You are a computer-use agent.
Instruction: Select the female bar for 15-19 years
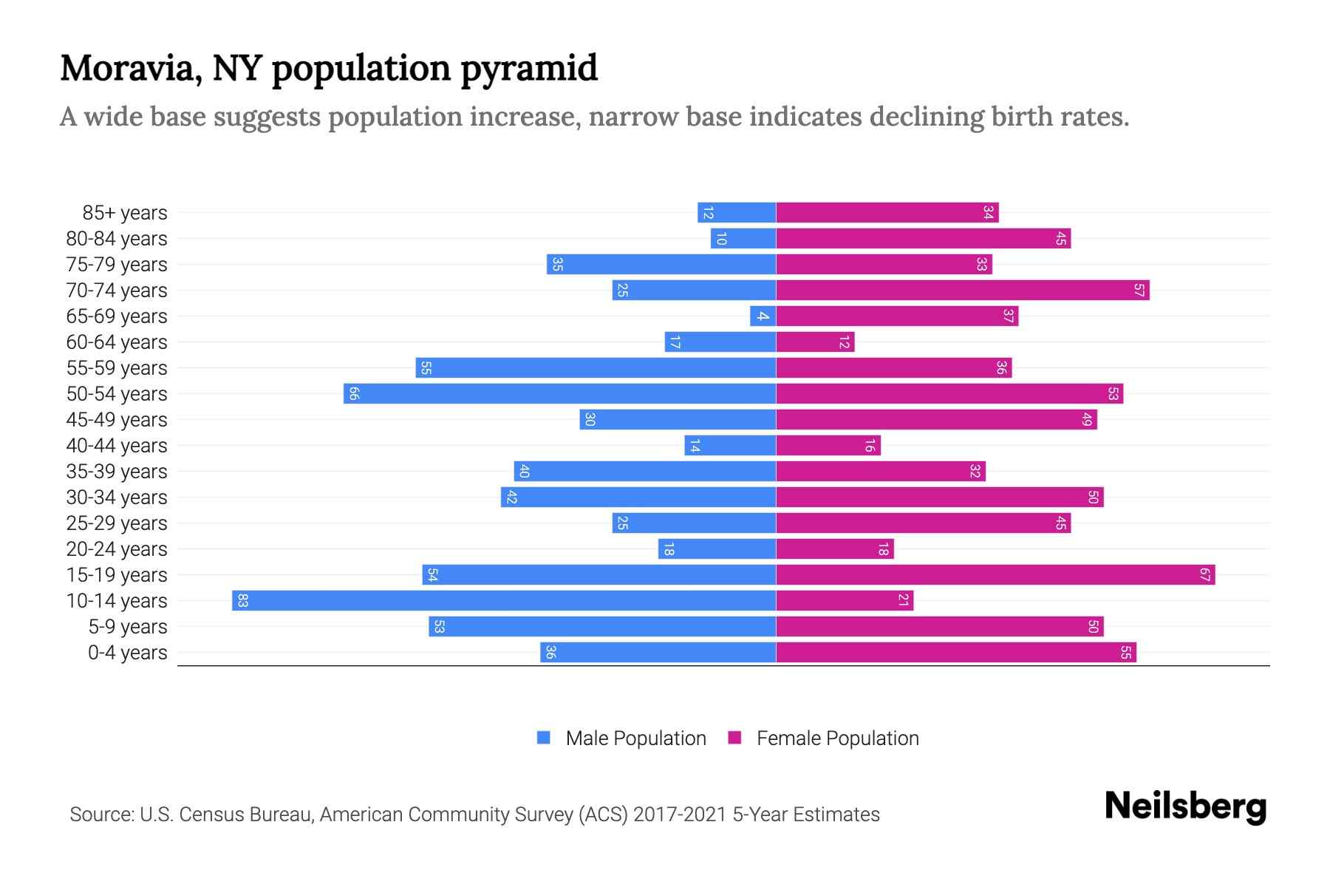pyautogui.click(x=995, y=574)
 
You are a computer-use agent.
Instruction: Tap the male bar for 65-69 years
pyautogui.click(x=763, y=316)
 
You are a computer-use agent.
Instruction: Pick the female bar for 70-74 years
pyautogui.click(x=962, y=290)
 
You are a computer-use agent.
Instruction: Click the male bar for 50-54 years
pyautogui.click(x=559, y=393)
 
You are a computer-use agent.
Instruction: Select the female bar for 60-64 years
pyautogui.click(x=815, y=341)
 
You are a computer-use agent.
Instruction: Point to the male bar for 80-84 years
pyautogui.click(x=743, y=238)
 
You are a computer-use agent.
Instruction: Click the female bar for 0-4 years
pyautogui.click(x=955, y=652)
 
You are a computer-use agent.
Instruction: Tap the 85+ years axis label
pyautogui.click(x=125, y=213)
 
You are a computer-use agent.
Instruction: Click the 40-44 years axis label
pyautogui.click(x=117, y=446)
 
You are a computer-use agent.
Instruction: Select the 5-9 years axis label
pyautogui.click(x=128, y=627)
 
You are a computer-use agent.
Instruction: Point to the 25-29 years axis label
pyautogui.click(x=117, y=523)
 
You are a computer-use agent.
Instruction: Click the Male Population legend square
pyautogui.click(x=544, y=738)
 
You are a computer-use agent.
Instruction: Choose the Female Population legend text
pyautogui.click(x=837, y=738)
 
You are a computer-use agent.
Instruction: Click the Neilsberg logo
pyautogui.click(x=1185, y=806)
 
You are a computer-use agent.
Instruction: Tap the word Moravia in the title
pyautogui.click(x=130, y=68)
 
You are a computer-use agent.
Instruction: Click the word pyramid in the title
pyautogui.click(x=529, y=68)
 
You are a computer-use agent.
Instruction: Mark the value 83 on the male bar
pyautogui.click(x=242, y=600)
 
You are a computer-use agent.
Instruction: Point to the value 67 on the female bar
pyautogui.click(x=1204, y=574)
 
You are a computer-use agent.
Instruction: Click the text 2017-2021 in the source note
pyautogui.click(x=680, y=815)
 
